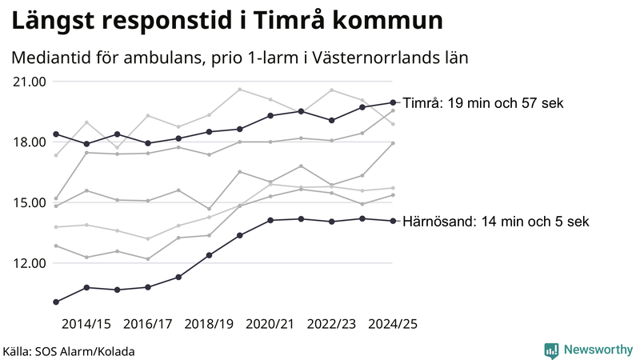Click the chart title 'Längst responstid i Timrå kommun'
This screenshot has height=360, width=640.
[x=226, y=20]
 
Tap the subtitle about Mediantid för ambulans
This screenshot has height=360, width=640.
[x=239, y=58]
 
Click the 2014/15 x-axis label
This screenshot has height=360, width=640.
[x=86, y=324]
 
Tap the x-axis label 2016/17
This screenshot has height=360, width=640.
[x=148, y=324]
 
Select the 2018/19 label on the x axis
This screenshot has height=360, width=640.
[x=210, y=324]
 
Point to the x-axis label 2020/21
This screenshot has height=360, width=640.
[x=270, y=324]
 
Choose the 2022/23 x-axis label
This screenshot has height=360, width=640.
[x=332, y=324]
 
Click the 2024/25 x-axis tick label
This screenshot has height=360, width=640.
[x=393, y=324]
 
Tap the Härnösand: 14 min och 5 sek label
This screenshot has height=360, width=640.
[x=496, y=222]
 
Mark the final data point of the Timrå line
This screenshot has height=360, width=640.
[x=393, y=102]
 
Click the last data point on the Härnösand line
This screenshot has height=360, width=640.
[x=393, y=221]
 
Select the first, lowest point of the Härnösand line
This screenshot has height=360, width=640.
[x=56, y=302]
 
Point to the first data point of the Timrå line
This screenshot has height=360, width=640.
[x=56, y=134]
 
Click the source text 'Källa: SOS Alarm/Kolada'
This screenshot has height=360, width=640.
[x=69, y=351]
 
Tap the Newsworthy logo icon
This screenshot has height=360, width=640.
[x=551, y=350]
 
